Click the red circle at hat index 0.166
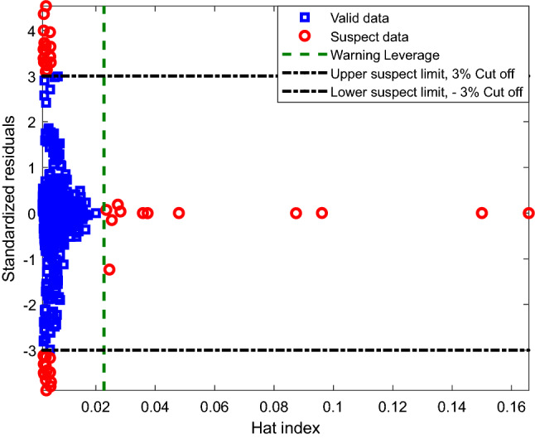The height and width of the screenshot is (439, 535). pyautogui.click(x=528, y=213)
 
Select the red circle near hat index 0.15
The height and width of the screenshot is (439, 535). pyautogui.click(x=482, y=213)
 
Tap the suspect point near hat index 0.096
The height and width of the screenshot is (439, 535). pyautogui.click(x=322, y=213)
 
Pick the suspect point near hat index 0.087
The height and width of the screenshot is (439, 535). pyautogui.click(x=296, y=213)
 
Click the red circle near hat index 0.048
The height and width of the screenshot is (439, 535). pyautogui.click(x=179, y=213)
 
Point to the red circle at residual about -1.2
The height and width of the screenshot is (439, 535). pyautogui.click(x=109, y=269)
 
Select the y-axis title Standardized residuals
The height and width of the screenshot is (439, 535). pyautogui.click(x=10, y=200)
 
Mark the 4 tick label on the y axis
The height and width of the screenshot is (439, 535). pyautogui.click(x=30, y=31)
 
